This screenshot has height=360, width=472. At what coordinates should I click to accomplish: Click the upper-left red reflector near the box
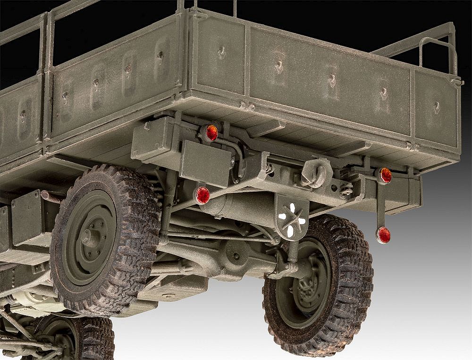pos(211,133)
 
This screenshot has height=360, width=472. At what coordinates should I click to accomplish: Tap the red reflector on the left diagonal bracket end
pos(202,195)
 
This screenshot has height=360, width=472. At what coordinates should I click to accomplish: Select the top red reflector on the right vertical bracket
pos(385,175)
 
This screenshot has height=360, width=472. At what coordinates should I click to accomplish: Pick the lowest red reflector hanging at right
pos(383,234)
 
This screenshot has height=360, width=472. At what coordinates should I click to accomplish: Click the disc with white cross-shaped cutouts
pos(291,218)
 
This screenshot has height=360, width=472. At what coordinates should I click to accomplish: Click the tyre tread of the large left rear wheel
pos(142,208)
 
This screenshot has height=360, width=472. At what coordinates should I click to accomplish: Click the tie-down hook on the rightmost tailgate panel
pos(436,108)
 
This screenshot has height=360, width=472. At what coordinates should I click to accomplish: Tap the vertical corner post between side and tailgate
pos(183,52)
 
